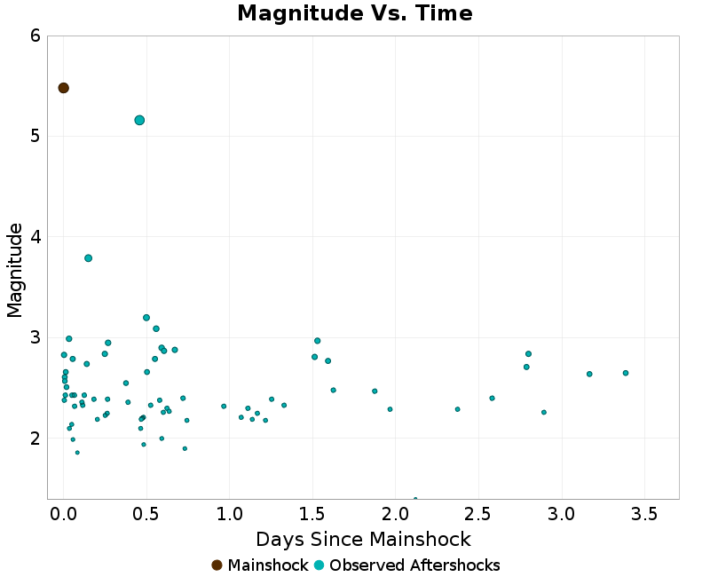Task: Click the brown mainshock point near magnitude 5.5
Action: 64,88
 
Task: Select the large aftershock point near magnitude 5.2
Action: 139,120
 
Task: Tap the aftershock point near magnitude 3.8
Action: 88,258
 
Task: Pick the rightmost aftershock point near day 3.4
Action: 626,373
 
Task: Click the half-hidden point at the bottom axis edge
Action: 415,499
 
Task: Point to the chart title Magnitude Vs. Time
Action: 355,14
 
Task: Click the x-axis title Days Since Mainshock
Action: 363,539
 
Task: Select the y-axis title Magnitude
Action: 15,270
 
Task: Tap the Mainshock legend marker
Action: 217,565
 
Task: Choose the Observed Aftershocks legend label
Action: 414,565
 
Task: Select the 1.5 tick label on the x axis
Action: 312,513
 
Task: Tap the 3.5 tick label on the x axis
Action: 645,513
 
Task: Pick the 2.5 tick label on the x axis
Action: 479,513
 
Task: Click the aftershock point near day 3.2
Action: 589,374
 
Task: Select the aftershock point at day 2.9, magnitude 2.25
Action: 544,412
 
